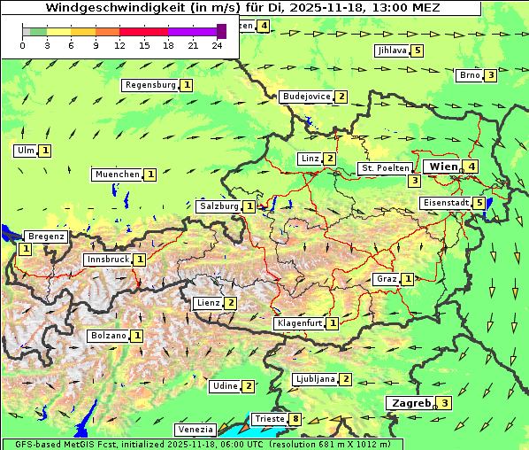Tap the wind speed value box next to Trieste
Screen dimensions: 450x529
click(295, 419)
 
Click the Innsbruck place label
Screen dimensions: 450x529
click(107, 260)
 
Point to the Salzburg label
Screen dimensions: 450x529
click(218, 206)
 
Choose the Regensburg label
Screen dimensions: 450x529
click(150, 85)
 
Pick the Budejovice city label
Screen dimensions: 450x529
click(306, 97)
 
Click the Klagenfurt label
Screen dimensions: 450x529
click(299, 323)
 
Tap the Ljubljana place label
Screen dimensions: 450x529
click(314, 379)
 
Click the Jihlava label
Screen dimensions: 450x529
click(391, 50)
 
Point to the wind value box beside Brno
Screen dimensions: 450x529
click(490, 75)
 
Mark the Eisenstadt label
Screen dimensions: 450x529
click(445, 203)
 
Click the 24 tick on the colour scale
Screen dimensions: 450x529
click(218, 45)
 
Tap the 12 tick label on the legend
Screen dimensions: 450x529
click(119, 45)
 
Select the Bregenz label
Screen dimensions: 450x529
click(46, 237)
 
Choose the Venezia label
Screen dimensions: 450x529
click(195, 430)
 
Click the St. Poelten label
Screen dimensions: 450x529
click(385, 167)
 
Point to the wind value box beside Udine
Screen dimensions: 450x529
click(249, 386)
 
